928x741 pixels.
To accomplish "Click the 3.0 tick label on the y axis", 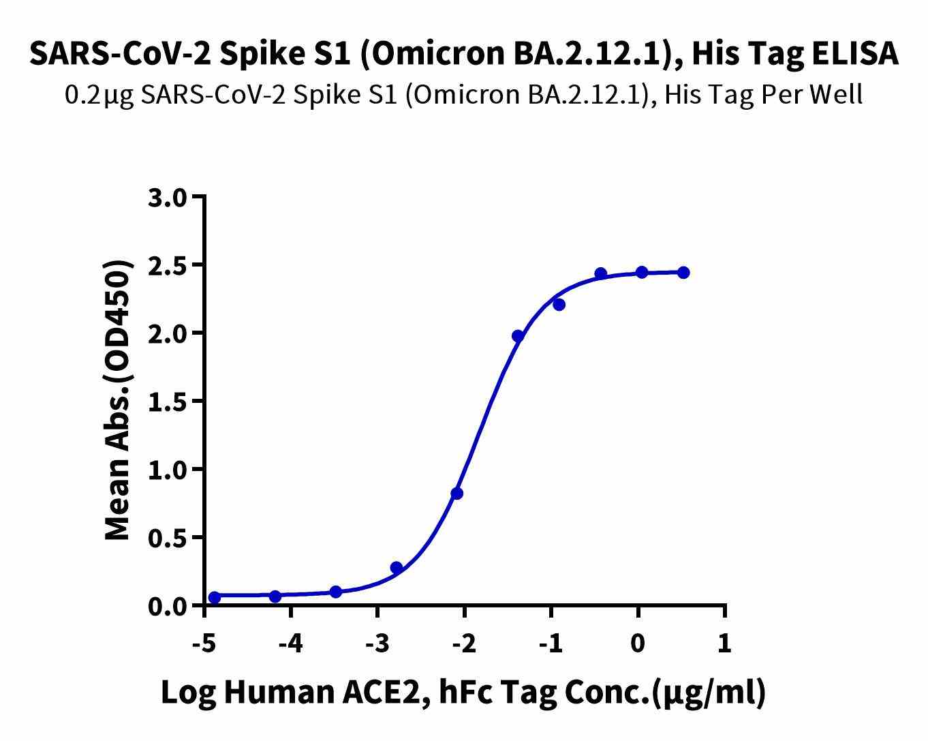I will pos(166,198).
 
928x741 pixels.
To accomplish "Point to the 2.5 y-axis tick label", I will pos(166,266).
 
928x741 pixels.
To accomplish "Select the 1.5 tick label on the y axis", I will pos(166,402).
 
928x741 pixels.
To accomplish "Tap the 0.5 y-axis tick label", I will pos(166,539).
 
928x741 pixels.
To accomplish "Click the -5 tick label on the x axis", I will pos(204,643).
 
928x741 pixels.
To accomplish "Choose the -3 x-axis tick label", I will pos(377,643).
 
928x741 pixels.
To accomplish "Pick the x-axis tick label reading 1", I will pos(724,643).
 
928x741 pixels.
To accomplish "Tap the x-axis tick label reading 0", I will pos(638,643).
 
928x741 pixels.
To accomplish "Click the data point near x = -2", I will pos(457,493).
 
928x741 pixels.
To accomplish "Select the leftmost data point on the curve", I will pos(215,597).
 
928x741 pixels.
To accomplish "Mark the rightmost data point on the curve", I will pos(683,273).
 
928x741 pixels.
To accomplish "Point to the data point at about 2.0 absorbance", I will pos(518,335).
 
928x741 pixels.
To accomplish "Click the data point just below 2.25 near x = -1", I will pos(559,305).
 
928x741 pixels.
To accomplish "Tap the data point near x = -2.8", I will pos(397,567).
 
